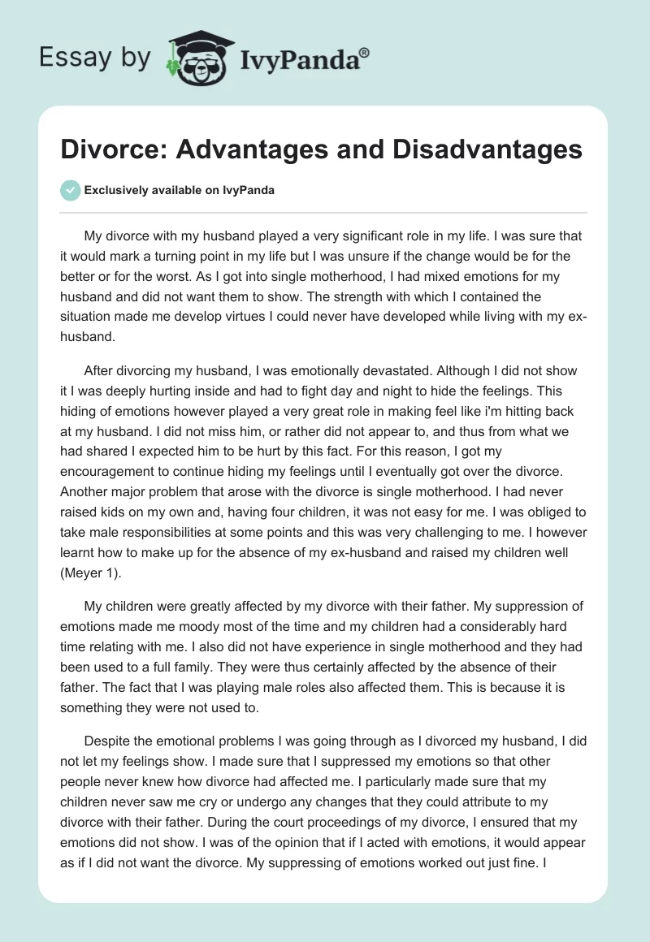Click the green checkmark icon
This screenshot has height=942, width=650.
70,190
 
